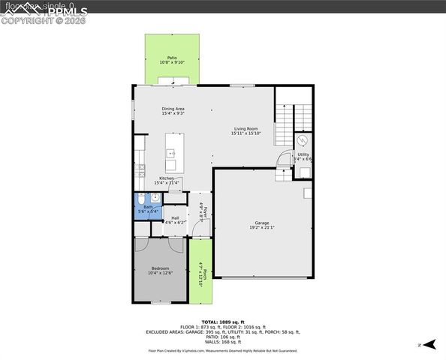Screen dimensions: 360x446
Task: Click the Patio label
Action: (x=172, y=57)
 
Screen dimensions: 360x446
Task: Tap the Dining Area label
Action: (x=173, y=109)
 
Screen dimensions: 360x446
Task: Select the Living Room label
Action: (x=246, y=129)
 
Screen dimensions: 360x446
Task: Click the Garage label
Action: (x=262, y=223)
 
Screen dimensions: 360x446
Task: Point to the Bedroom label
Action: (x=161, y=268)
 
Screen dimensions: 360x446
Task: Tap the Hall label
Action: (x=175, y=217)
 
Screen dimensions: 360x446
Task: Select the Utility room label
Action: (x=303, y=154)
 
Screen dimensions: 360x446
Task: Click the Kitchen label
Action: (x=167, y=178)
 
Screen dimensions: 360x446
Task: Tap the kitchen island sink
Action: (x=171, y=153)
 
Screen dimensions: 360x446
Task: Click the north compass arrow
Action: (x=429, y=344)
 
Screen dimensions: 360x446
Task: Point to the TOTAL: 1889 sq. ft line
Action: (x=223, y=322)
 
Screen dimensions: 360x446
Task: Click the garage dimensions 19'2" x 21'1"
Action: (x=262, y=228)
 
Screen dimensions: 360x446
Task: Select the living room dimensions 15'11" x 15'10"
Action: (x=246, y=133)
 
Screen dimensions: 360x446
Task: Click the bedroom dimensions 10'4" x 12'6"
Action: (x=161, y=273)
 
